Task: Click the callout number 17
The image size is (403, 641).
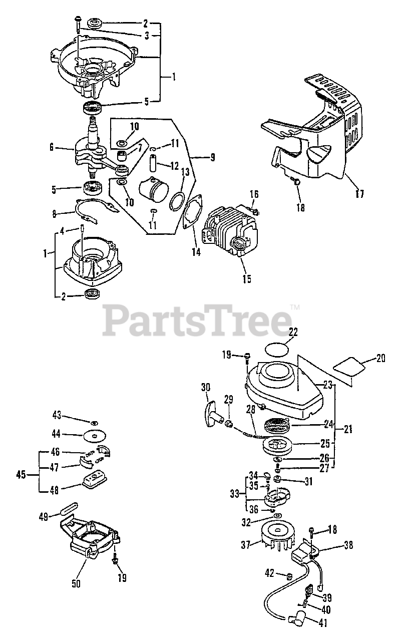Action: point(359,193)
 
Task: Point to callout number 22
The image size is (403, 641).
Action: point(293,332)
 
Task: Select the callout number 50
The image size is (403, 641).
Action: point(76,583)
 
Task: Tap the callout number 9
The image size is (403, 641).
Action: point(212,157)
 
